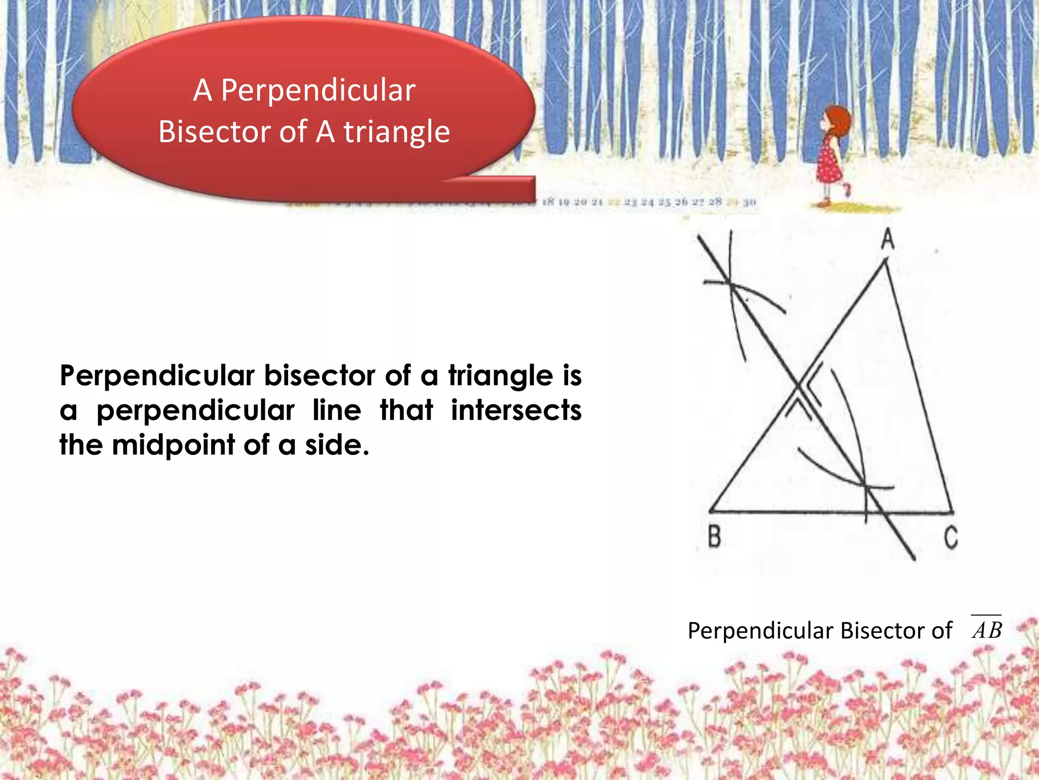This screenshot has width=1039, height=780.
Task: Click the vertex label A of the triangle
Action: (x=887, y=239)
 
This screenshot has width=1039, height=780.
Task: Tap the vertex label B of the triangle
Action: (x=714, y=536)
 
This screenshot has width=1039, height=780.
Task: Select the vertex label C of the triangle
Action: (x=951, y=537)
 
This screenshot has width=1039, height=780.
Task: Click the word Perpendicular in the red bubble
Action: (x=318, y=91)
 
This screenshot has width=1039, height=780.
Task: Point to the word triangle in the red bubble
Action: (x=397, y=132)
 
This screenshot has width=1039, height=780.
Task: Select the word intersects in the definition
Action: (x=516, y=410)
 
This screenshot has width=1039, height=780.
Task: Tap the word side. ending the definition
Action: (x=337, y=445)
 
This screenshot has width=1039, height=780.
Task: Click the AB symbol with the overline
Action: (x=987, y=630)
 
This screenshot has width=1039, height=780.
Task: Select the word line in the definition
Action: (x=337, y=410)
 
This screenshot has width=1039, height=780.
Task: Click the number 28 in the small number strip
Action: (x=715, y=202)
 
